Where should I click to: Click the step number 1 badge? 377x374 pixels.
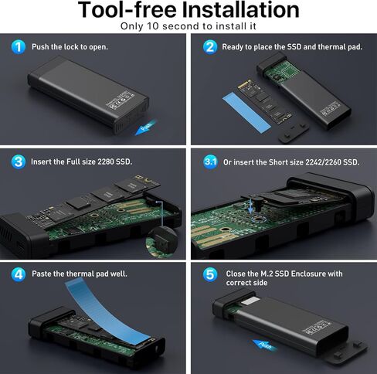[x=19, y=46]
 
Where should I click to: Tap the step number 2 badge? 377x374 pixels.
[x=209, y=46]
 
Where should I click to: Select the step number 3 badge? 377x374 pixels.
[x=19, y=161]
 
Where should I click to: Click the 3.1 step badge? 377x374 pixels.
[x=209, y=161]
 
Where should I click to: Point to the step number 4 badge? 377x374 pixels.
[x=19, y=274]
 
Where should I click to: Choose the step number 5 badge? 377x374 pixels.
[x=209, y=274]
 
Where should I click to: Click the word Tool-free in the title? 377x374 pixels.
[x=123, y=10]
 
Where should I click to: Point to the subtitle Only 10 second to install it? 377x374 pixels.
[x=188, y=26]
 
